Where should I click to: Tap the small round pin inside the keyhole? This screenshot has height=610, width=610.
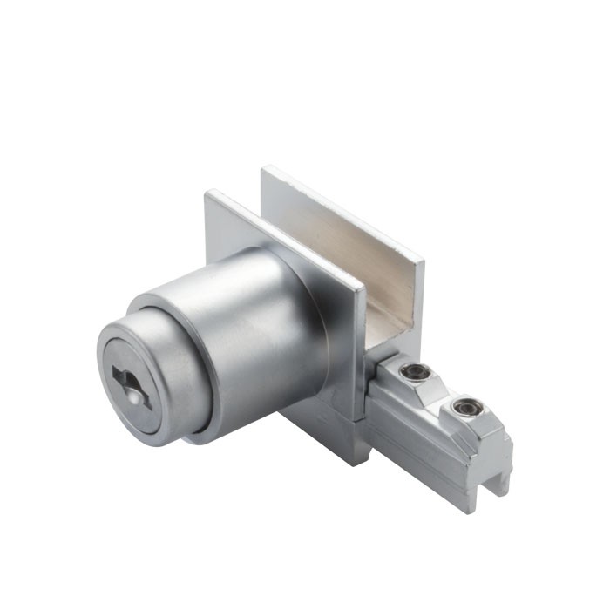pyautogui.click(x=132, y=394)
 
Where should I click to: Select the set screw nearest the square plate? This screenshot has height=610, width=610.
pyautogui.click(x=416, y=374)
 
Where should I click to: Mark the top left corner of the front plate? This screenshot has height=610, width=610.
pyautogui.click(x=207, y=193)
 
